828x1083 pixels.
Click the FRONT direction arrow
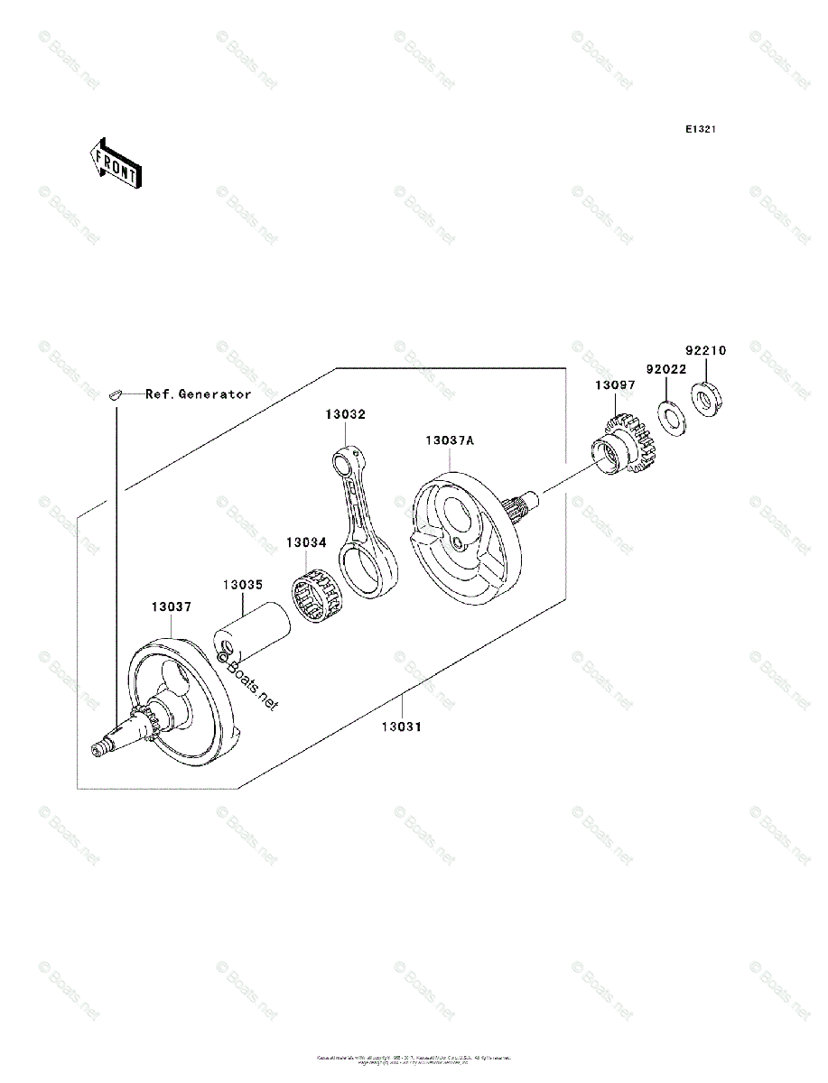pyautogui.click(x=112, y=162)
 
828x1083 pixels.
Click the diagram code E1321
pyautogui.click(x=700, y=130)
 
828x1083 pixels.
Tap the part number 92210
pyautogui.click(x=705, y=350)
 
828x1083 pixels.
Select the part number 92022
pyautogui.click(x=665, y=369)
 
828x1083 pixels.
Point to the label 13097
pyautogui.click(x=614, y=385)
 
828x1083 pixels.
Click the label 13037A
pyautogui.click(x=450, y=440)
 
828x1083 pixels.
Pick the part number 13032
pyautogui.click(x=346, y=414)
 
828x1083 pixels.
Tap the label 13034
pyautogui.click(x=306, y=543)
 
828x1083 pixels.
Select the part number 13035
pyautogui.click(x=243, y=584)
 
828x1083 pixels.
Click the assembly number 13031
pyautogui.click(x=401, y=726)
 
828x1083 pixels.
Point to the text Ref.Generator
pyautogui.click(x=199, y=394)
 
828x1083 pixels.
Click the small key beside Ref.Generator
pyautogui.click(x=115, y=393)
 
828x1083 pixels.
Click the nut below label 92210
pyautogui.click(x=705, y=399)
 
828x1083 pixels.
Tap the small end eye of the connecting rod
pyautogui.click(x=344, y=462)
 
